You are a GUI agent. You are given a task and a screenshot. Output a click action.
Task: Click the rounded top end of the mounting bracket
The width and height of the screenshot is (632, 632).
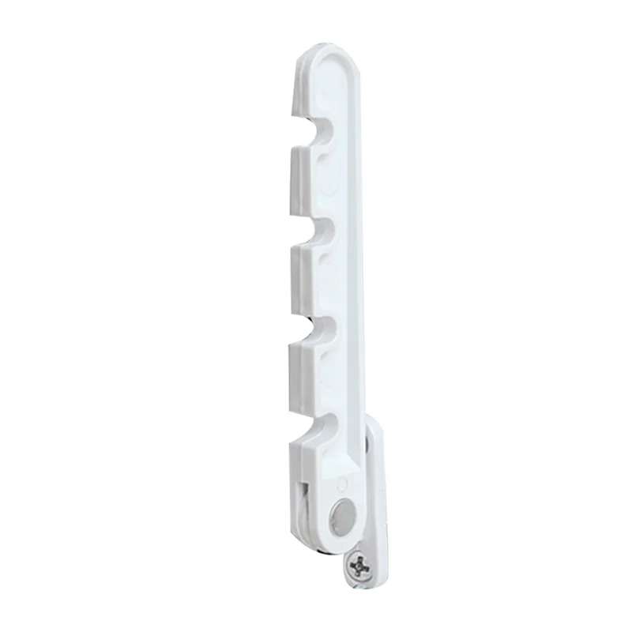coord(373,425)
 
